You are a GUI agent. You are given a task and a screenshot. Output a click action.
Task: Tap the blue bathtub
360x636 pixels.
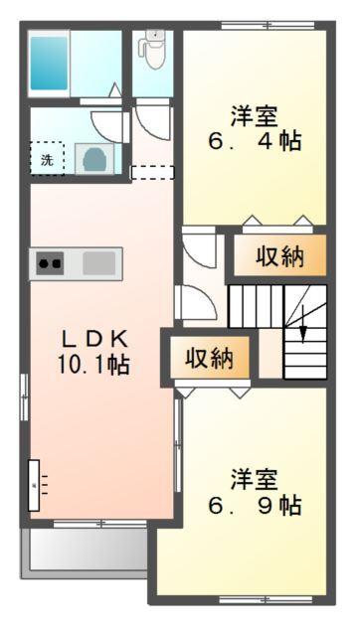(47, 64)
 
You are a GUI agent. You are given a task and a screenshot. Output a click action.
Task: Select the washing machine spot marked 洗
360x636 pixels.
(46, 158)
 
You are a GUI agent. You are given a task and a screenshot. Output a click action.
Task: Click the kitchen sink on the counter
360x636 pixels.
(99, 263)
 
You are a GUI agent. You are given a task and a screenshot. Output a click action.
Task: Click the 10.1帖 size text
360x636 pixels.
(92, 364)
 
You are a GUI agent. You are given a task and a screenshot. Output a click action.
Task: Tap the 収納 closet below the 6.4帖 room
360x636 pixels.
(279, 256)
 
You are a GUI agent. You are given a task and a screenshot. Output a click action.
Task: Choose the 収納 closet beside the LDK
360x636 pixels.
(210, 357)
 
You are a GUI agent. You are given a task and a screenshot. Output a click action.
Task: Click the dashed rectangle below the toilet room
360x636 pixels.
(152, 172)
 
